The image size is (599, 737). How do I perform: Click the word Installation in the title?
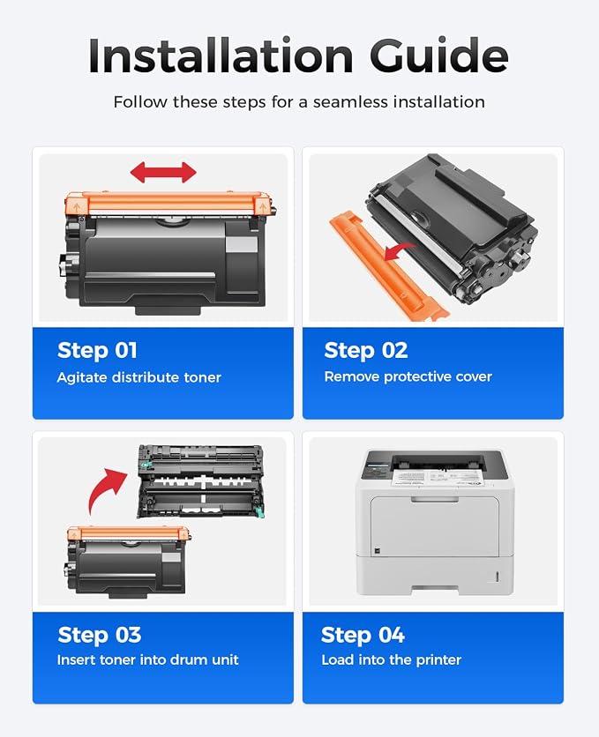[221, 56]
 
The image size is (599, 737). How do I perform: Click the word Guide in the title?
[439, 56]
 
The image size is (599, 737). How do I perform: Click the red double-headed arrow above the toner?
[163, 173]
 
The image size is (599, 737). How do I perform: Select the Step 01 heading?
[97, 351]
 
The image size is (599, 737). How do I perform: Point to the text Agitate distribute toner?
[139, 377]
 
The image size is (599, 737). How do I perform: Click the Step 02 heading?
[366, 351]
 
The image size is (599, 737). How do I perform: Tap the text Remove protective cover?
[408, 376]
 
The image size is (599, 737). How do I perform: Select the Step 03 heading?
[99, 635]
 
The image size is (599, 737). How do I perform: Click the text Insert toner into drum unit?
[147, 660]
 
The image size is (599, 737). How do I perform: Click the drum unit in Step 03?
[201, 481]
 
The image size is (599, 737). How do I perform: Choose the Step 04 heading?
[363, 635]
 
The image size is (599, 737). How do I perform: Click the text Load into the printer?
[391, 660]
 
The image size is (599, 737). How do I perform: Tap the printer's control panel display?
[378, 469]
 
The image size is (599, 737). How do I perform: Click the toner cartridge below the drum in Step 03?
[128, 562]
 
